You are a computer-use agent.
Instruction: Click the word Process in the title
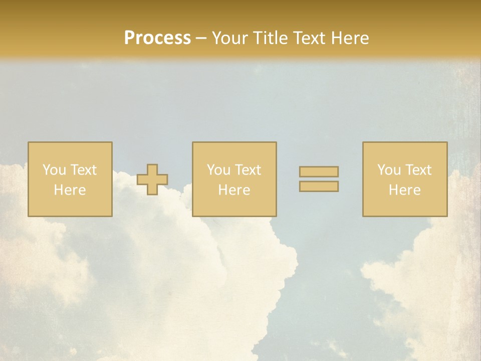(157, 38)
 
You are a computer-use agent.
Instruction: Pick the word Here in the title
(350, 38)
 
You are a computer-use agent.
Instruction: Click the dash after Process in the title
(201, 39)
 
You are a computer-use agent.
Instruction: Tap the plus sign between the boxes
(152, 179)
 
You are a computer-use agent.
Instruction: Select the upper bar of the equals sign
(319, 171)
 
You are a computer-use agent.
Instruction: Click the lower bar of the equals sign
(319, 186)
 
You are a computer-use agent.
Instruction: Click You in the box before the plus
(54, 170)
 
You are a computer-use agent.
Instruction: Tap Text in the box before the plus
(83, 170)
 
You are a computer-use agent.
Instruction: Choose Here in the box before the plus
(70, 190)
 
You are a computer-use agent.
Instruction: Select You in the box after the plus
(218, 170)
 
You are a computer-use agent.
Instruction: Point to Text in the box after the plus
(248, 170)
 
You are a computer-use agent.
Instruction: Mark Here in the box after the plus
(234, 190)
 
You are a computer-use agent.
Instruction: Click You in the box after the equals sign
(389, 170)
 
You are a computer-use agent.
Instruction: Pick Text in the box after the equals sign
(418, 170)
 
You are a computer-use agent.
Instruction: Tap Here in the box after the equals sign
(404, 190)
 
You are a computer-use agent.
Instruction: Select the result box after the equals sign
(405, 206)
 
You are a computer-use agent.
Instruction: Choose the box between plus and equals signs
(234, 206)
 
